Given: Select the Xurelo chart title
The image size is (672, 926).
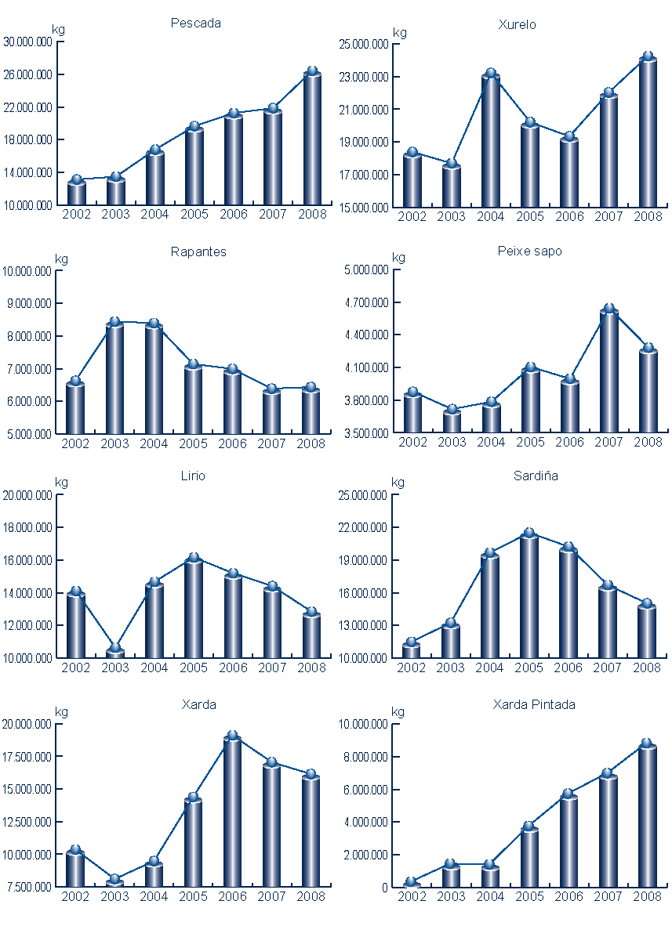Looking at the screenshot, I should pos(518,24).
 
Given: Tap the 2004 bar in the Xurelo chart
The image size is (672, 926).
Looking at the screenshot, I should pos(491,141).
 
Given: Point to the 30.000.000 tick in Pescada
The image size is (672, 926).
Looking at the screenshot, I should pos(27,42).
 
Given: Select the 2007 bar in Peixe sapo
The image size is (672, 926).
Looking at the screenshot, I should pos(609,372).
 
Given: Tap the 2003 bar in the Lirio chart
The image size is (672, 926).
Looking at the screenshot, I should pos(115,653).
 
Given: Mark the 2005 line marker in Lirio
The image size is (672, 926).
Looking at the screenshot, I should pos(194,558).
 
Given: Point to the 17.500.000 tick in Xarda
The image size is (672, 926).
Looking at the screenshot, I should pos(27,757).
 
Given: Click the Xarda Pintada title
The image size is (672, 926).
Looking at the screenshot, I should pos(534,704).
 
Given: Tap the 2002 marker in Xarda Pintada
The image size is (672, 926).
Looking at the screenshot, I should pos(411,882).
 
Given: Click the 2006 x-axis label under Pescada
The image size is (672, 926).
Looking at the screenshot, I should pos(232,214).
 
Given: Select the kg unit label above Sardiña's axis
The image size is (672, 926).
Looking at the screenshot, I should pos(398,482).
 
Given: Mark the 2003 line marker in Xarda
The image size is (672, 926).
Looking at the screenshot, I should pos(114,879).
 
